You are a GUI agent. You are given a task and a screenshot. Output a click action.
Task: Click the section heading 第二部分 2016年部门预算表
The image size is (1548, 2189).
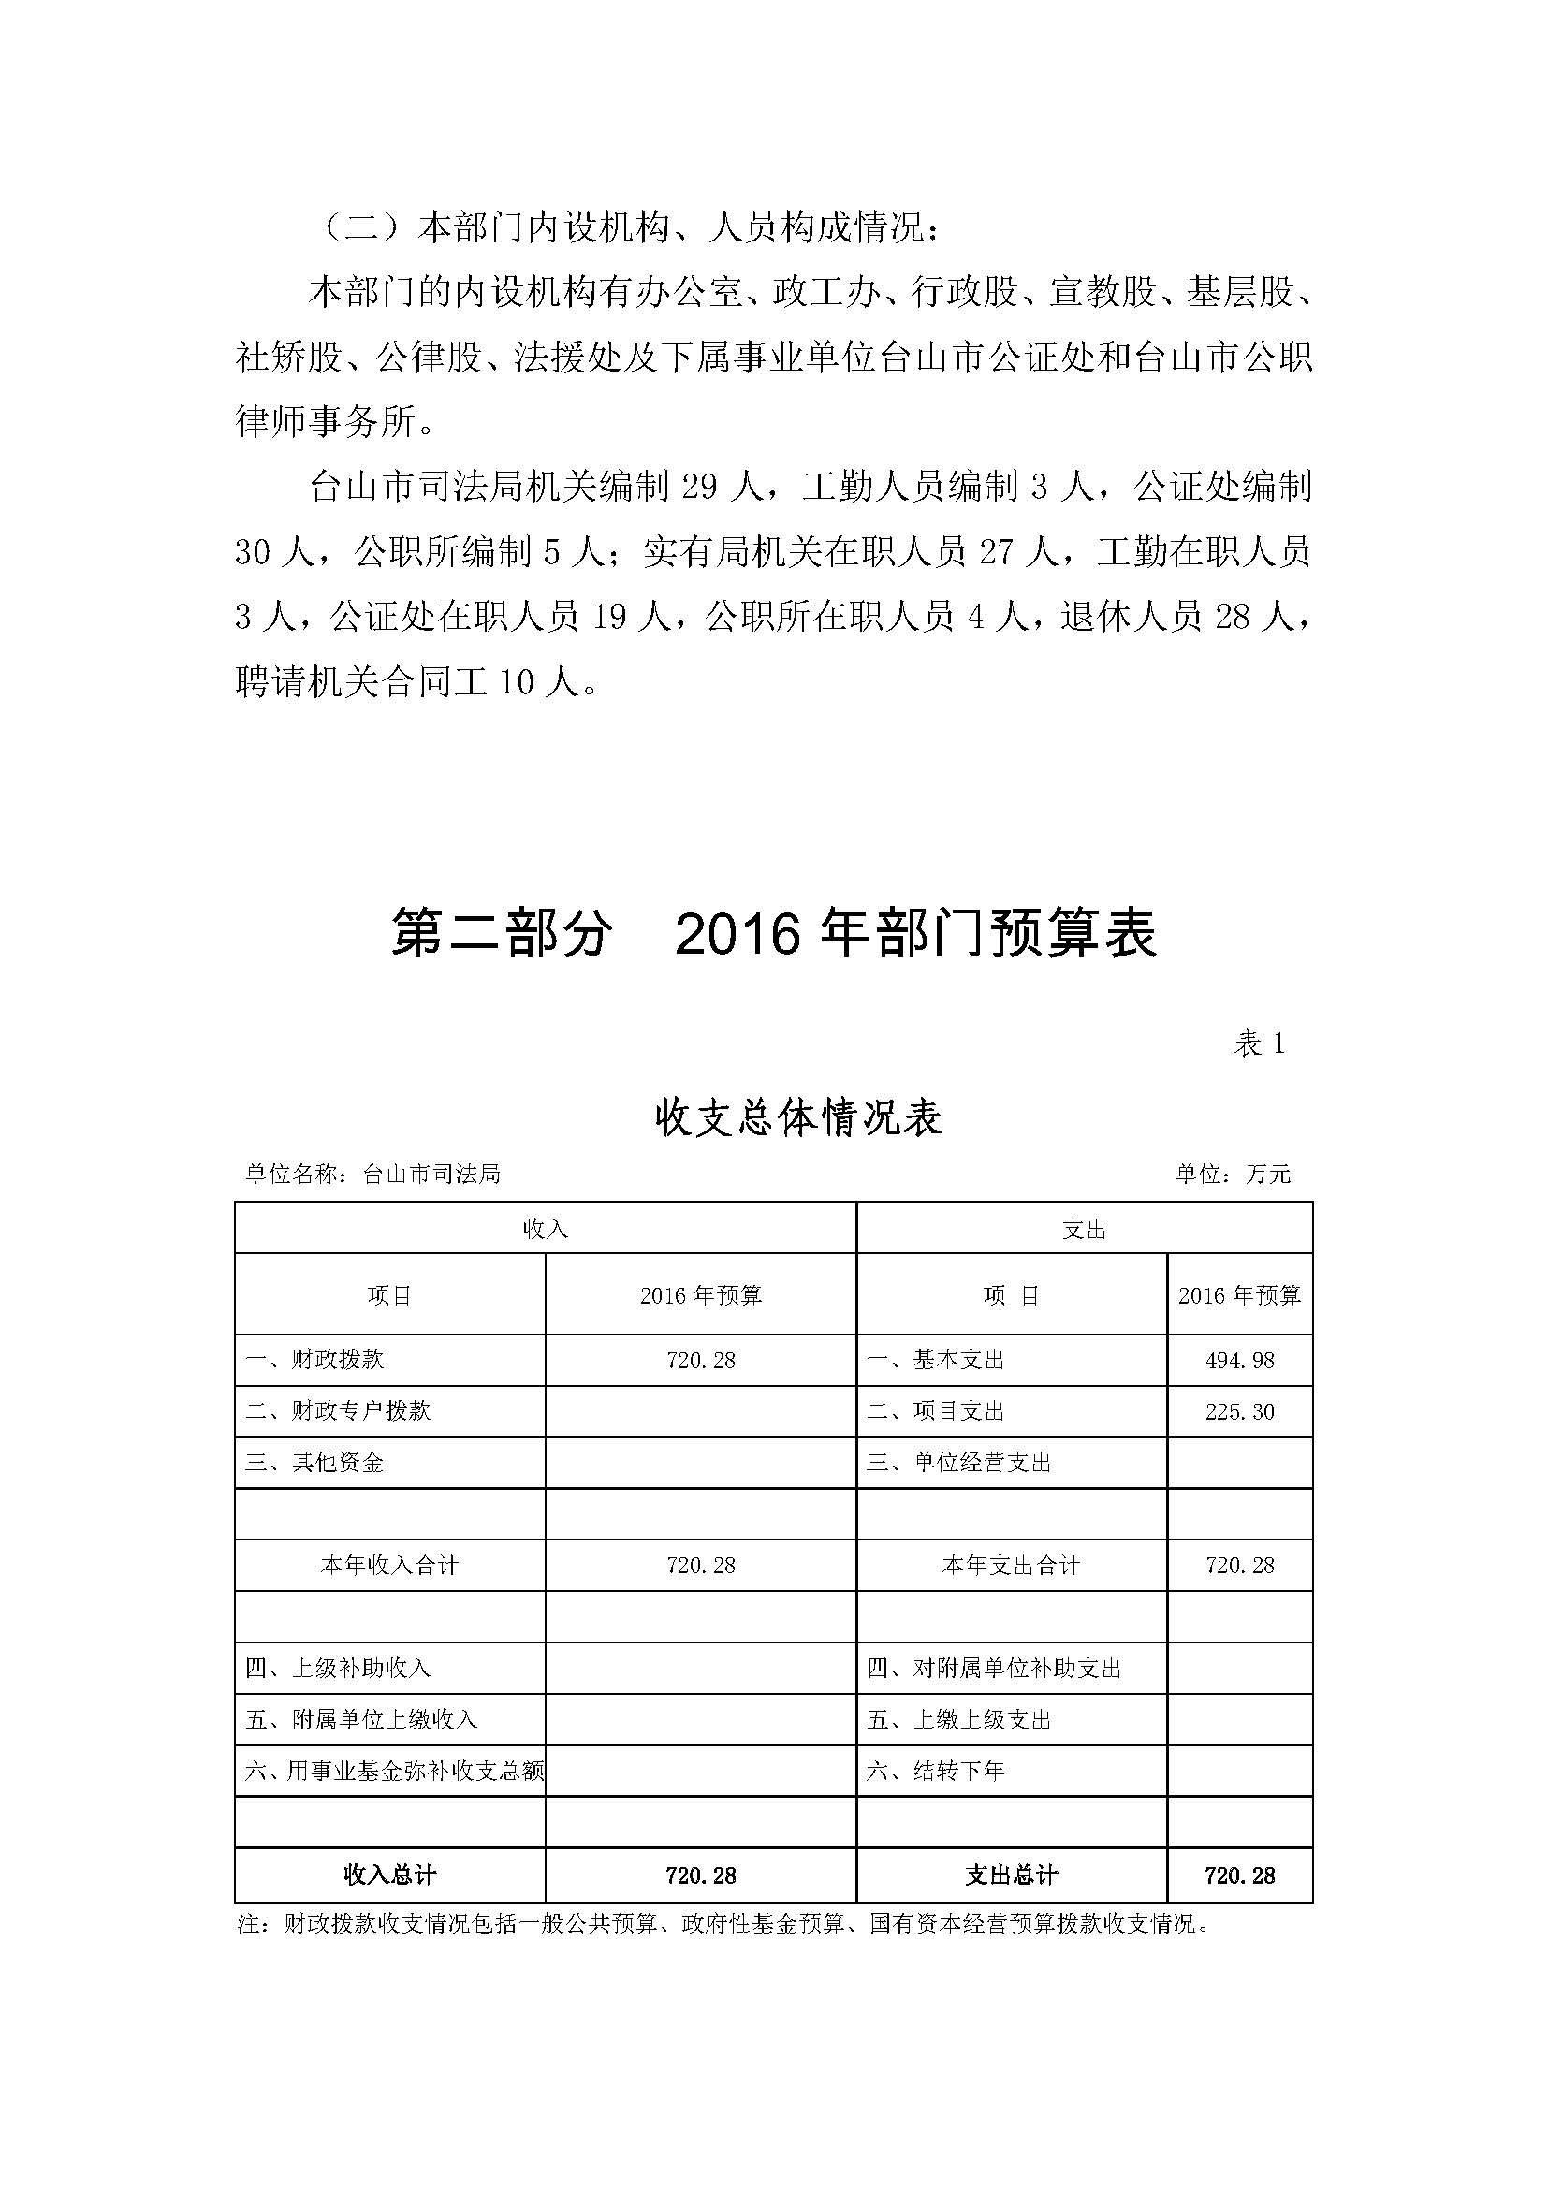[773, 932]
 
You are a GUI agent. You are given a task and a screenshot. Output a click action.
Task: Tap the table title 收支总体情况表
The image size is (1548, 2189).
[798, 1117]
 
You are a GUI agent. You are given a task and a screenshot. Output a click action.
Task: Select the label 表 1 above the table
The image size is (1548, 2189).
[1258, 1044]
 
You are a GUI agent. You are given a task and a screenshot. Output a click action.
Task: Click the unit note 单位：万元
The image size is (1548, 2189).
[1233, 1174]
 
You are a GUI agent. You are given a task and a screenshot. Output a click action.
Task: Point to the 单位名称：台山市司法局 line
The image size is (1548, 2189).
[372, 1174]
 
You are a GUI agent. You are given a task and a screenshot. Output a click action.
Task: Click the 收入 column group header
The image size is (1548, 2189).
[546, 1229]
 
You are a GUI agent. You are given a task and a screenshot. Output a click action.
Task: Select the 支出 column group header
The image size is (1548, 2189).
[1084, 1229]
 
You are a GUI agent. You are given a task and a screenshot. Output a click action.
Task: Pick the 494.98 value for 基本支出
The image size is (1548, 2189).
[1239, 1361]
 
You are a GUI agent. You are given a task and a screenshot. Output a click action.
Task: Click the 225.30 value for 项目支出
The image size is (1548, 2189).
[1239, 1412]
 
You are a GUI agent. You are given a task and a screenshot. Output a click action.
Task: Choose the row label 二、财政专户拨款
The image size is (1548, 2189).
[339, 1411]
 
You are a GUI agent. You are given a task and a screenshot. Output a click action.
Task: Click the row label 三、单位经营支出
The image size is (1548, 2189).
[958, 1463]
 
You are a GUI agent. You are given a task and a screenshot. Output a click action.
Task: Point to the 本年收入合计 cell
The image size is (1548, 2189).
[390, 1566]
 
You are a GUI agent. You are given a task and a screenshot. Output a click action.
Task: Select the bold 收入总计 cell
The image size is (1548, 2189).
[390, 1875]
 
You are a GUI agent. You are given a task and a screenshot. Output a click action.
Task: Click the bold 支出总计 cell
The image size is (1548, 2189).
[1012, 1875]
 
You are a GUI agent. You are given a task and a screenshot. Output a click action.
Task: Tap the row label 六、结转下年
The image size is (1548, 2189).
[935, 1772]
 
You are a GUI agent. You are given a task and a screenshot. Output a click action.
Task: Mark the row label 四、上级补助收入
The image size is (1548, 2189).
[339, 1669]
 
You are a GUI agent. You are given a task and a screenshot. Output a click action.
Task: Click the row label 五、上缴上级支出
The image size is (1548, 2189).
[958, 1720]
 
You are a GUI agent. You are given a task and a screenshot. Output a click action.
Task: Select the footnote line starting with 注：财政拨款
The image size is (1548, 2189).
[724, 1924]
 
